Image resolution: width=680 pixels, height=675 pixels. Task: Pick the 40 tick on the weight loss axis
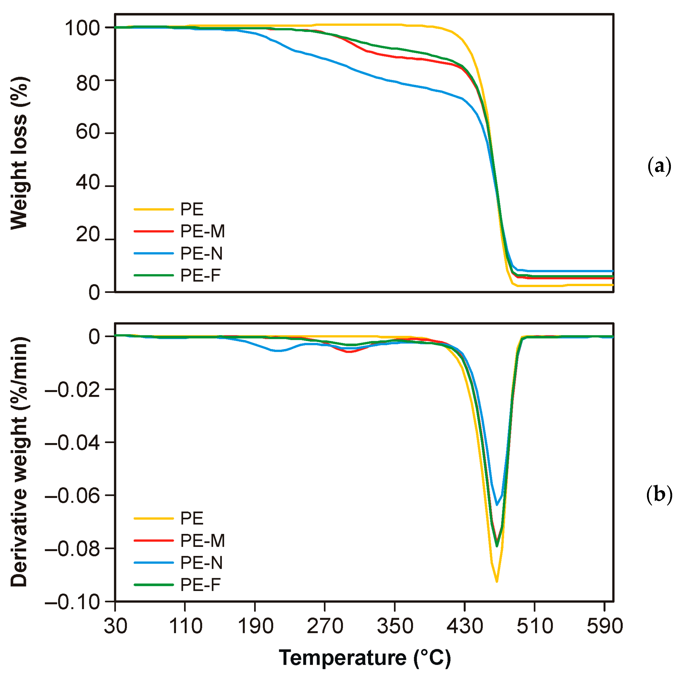(88, 183)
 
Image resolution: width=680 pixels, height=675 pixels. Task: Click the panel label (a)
(659, 166)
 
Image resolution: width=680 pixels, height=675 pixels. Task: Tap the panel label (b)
(659, 494)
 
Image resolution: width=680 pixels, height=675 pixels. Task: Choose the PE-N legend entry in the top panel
(201, 253)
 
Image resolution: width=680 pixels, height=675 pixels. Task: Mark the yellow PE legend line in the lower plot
(154, 518)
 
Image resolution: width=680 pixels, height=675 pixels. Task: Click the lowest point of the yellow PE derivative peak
(497, 581)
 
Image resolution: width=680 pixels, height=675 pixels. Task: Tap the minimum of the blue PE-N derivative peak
(497, 505)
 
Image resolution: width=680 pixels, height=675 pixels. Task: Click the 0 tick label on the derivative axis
(94, 337)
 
